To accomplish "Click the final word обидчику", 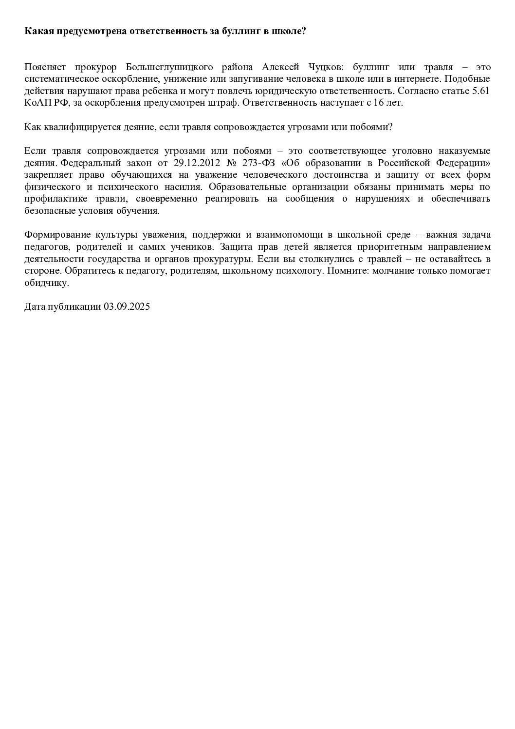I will (47, 282).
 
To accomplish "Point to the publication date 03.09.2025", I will (126, 307).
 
